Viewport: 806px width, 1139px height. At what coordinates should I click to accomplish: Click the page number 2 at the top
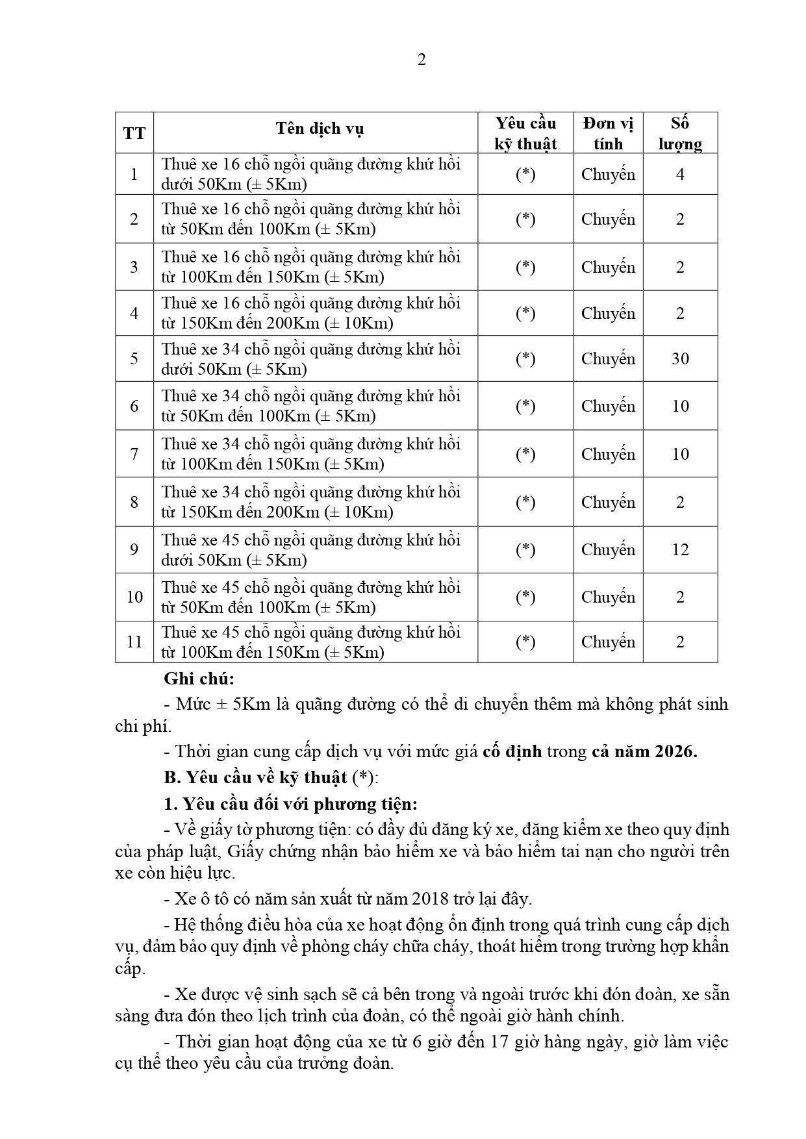pyautogui.click(x=422, y=60)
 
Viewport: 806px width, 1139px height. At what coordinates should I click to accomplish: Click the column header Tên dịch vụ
pyautogui.click(x=320, y=129)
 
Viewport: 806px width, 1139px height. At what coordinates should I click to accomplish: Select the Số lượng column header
pyautogui.click(x=680, y=133)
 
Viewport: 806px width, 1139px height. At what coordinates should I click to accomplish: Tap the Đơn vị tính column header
pyautogui.click(x=608, y=133)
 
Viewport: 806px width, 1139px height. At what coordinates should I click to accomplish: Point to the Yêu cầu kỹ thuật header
pyautogui.click(x=525, y=133)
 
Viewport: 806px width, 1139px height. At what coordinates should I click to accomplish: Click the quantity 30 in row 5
pyautogui.click(x=680, y=358)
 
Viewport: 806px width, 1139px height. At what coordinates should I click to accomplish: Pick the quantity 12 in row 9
pyautogui.click(x=680, y=549)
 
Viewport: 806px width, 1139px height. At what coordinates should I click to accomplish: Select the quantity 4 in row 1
pyautogui.click(x=680, y=174)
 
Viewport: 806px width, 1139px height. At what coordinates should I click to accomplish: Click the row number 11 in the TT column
pyautogui.click(x=134, y=642)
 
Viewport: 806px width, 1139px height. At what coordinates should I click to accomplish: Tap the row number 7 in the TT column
pyautogui.click(x=134, y=454)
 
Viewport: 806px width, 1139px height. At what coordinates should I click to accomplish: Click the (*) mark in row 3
pyautogui.click(x=525, y=267)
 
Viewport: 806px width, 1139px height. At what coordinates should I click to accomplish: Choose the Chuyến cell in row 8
pyautogui.click(x=608, y=502)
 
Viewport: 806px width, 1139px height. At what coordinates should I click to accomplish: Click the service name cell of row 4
pyautogui.click(x=311, y=313)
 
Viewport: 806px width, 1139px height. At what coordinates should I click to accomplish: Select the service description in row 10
pyautogui.click(x=311, y=597)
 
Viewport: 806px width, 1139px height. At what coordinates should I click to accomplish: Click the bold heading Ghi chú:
pyautogui.click(x=199, y=679)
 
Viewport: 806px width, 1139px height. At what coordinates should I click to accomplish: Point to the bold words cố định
pyautogui.click(x=512, y=751)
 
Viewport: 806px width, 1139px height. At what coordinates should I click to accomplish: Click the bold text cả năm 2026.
pyautogui.click(x=644, y=751)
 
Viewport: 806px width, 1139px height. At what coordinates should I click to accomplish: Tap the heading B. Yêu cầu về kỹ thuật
pyautogui.click(x=256, y=777)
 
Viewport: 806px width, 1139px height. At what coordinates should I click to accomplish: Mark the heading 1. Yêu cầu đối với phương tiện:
pyautogui.click(x=291, y=804)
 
